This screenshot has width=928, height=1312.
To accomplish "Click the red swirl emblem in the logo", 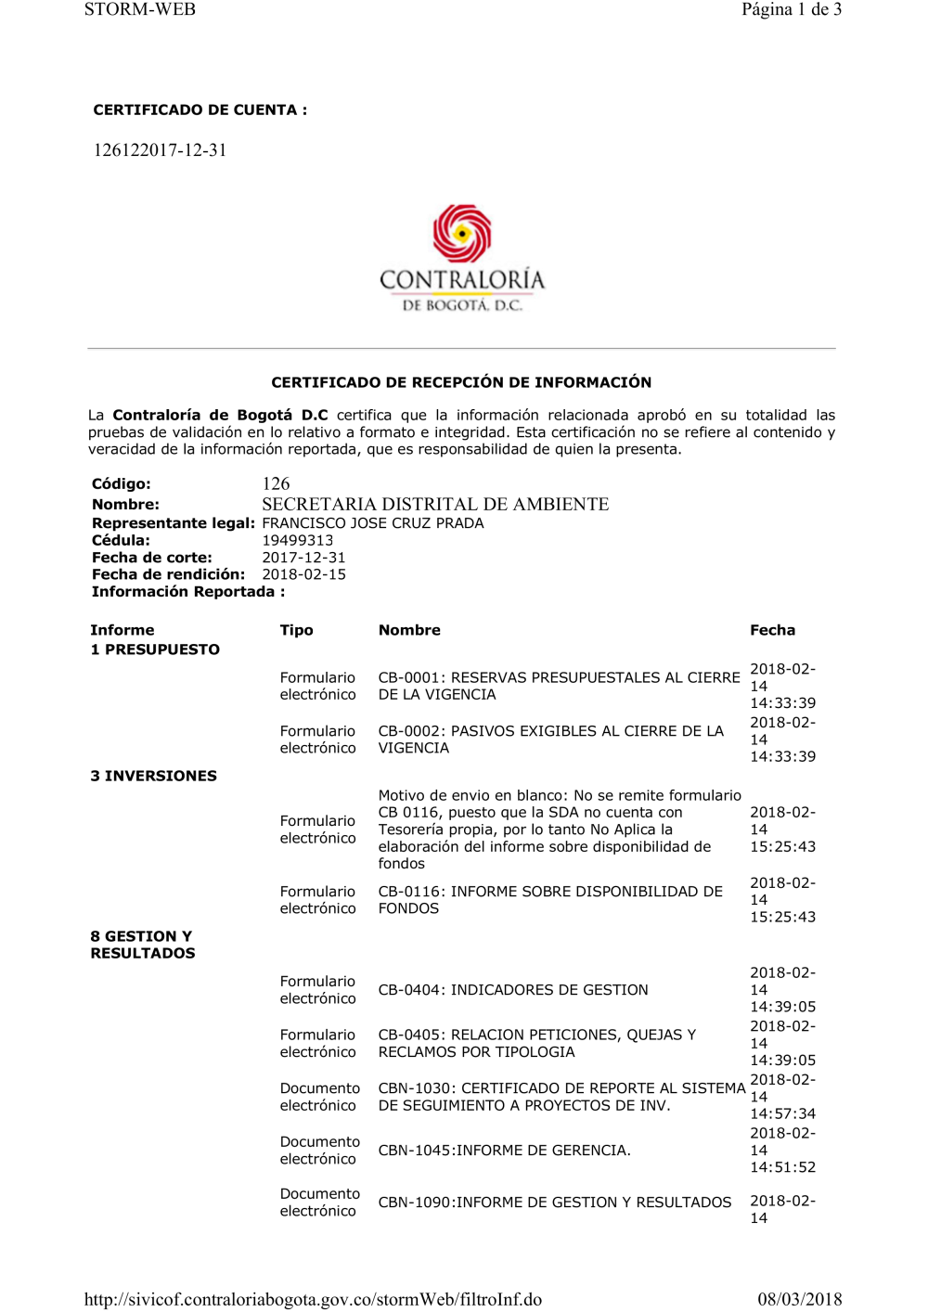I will pos(461,233).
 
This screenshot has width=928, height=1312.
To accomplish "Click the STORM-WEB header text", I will pos(139,10).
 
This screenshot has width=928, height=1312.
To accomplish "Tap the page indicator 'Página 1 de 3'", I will pos(791,10).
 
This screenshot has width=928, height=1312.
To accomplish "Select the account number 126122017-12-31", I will pos(160,150).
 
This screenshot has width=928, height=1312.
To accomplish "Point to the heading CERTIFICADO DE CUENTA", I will pos(200,109).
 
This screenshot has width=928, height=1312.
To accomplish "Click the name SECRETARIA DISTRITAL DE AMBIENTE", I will pos(435,504).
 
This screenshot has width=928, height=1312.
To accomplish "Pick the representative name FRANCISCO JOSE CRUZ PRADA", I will pos(372,523).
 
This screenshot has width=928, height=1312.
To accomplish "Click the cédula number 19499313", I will pos(297,540).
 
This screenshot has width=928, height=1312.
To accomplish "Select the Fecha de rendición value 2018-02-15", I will pos(303,574).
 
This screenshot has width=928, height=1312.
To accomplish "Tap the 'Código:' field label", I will pos(121,483).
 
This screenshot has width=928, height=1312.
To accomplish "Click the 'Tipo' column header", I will pos(296,630).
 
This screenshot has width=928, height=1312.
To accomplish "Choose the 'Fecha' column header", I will pos(772,630).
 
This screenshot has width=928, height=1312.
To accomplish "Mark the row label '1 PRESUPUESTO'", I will pos(155,650).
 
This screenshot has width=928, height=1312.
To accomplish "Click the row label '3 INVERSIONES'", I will pos(153,776).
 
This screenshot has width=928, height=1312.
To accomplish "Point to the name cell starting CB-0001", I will pos(558,686).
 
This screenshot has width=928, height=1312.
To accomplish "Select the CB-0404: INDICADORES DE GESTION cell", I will pos(513,990).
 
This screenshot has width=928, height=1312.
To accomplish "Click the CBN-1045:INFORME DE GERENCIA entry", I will pos(504,1151).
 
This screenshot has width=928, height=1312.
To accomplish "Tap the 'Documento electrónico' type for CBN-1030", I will pos(319,1097).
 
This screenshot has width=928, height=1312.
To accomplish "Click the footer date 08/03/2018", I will pos(799,1299).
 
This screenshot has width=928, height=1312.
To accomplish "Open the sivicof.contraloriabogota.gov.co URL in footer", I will pos(313,1299).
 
